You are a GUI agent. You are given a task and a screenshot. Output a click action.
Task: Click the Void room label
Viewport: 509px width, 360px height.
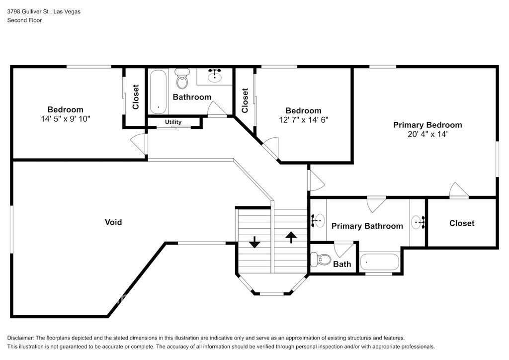[113, 222]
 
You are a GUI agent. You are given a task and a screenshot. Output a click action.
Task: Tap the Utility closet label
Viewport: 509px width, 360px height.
[173, 122]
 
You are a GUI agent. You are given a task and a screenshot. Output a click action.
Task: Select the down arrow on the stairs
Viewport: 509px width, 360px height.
[254, 242]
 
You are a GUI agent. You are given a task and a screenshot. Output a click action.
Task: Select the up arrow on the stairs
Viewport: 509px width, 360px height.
[291, 237]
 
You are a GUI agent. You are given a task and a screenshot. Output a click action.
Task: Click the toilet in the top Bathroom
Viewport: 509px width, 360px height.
[182, 79]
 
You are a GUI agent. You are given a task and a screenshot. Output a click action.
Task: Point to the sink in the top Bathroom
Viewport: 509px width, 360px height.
[215, 76]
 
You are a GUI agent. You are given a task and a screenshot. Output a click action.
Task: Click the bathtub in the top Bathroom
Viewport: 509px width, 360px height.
[158, 91]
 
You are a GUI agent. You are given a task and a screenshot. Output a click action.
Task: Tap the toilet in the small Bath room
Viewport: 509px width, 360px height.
[321, 259]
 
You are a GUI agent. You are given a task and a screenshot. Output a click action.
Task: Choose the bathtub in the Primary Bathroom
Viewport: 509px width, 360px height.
[379, 262]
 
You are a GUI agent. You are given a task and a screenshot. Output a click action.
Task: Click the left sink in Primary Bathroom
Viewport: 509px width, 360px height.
[318, 221]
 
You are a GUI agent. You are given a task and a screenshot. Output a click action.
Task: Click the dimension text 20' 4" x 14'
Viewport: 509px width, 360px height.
[427, 134]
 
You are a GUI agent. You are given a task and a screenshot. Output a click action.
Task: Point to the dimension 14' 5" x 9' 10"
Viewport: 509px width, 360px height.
[66, 119]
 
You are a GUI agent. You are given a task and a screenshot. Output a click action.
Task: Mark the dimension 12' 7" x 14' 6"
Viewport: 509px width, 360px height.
[304, 120]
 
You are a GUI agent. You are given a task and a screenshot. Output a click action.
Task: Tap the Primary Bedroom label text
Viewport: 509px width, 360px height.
[427, 125]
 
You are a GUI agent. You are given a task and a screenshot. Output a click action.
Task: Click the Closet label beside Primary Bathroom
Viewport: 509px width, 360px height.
[462, 223]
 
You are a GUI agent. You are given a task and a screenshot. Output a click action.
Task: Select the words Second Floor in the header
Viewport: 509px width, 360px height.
[25, 20]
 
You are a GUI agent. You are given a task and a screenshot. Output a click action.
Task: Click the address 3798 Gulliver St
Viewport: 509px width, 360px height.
[28, 12]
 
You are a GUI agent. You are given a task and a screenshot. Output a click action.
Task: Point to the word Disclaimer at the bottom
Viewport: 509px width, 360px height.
[20, 338]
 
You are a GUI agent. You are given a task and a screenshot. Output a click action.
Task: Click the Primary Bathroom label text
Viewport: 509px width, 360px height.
[367, 226]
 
